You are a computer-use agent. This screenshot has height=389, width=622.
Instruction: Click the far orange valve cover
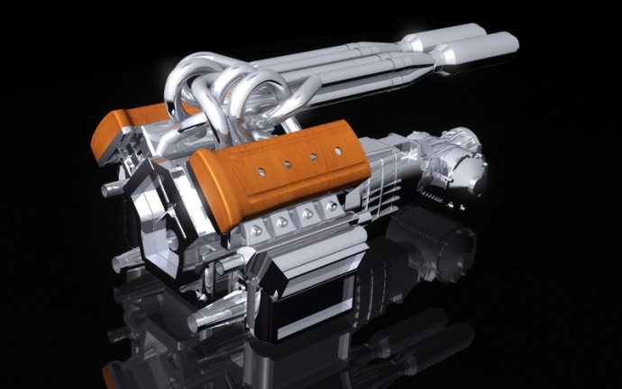(149, 126)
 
